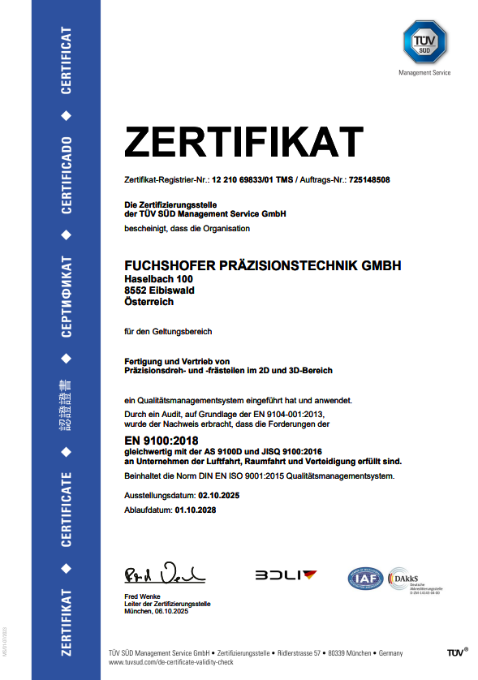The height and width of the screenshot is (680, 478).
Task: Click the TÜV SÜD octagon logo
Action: (x=424, y=43)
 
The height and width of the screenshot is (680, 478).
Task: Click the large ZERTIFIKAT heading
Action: (x=243, y=143)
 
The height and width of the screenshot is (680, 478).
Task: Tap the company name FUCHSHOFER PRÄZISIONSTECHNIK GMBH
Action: (x=262, y=265)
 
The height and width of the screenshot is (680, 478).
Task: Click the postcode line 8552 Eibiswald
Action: (x=159, y=290)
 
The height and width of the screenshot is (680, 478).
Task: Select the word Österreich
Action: (x=149, y=301)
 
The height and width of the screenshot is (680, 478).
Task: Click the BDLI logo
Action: (x=286, y=575)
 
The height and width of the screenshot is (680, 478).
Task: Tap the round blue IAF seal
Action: (x=365, y=578)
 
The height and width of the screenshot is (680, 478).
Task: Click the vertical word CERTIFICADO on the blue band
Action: (x=67, y=175)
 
